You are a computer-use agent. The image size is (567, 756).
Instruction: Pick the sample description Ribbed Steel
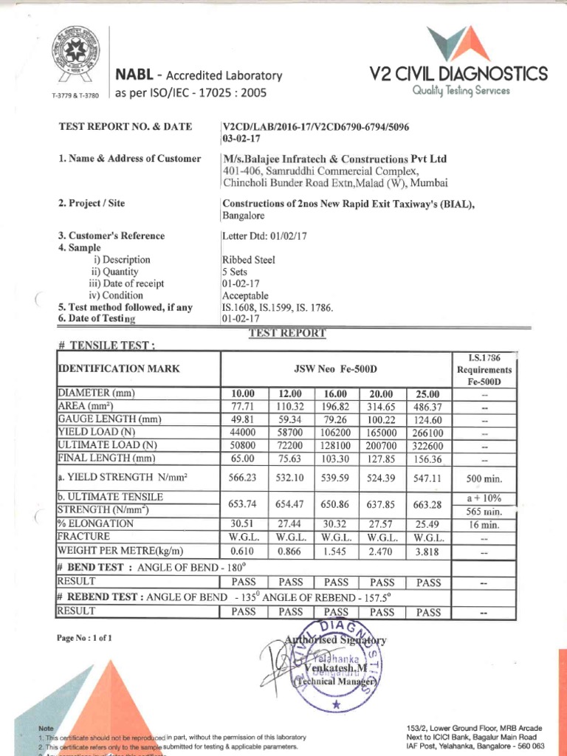click(248, 260)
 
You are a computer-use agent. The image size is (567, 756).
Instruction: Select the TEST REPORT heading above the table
click(287, 333)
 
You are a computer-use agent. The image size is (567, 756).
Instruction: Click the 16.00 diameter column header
click(334, 394)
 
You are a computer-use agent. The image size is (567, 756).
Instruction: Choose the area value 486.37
click(428, 407)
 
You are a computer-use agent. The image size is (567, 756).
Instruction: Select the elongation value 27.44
click(289, 523)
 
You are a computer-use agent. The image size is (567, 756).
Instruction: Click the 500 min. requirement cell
click(484, 478)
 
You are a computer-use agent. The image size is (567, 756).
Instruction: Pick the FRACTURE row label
click(84, 537)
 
